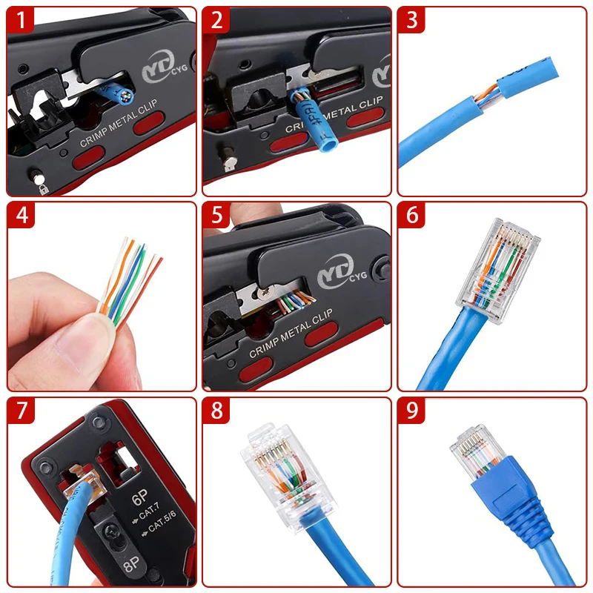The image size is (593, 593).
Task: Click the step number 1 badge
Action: tap(21, 20)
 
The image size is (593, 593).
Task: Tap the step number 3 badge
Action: tap(411, 20)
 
